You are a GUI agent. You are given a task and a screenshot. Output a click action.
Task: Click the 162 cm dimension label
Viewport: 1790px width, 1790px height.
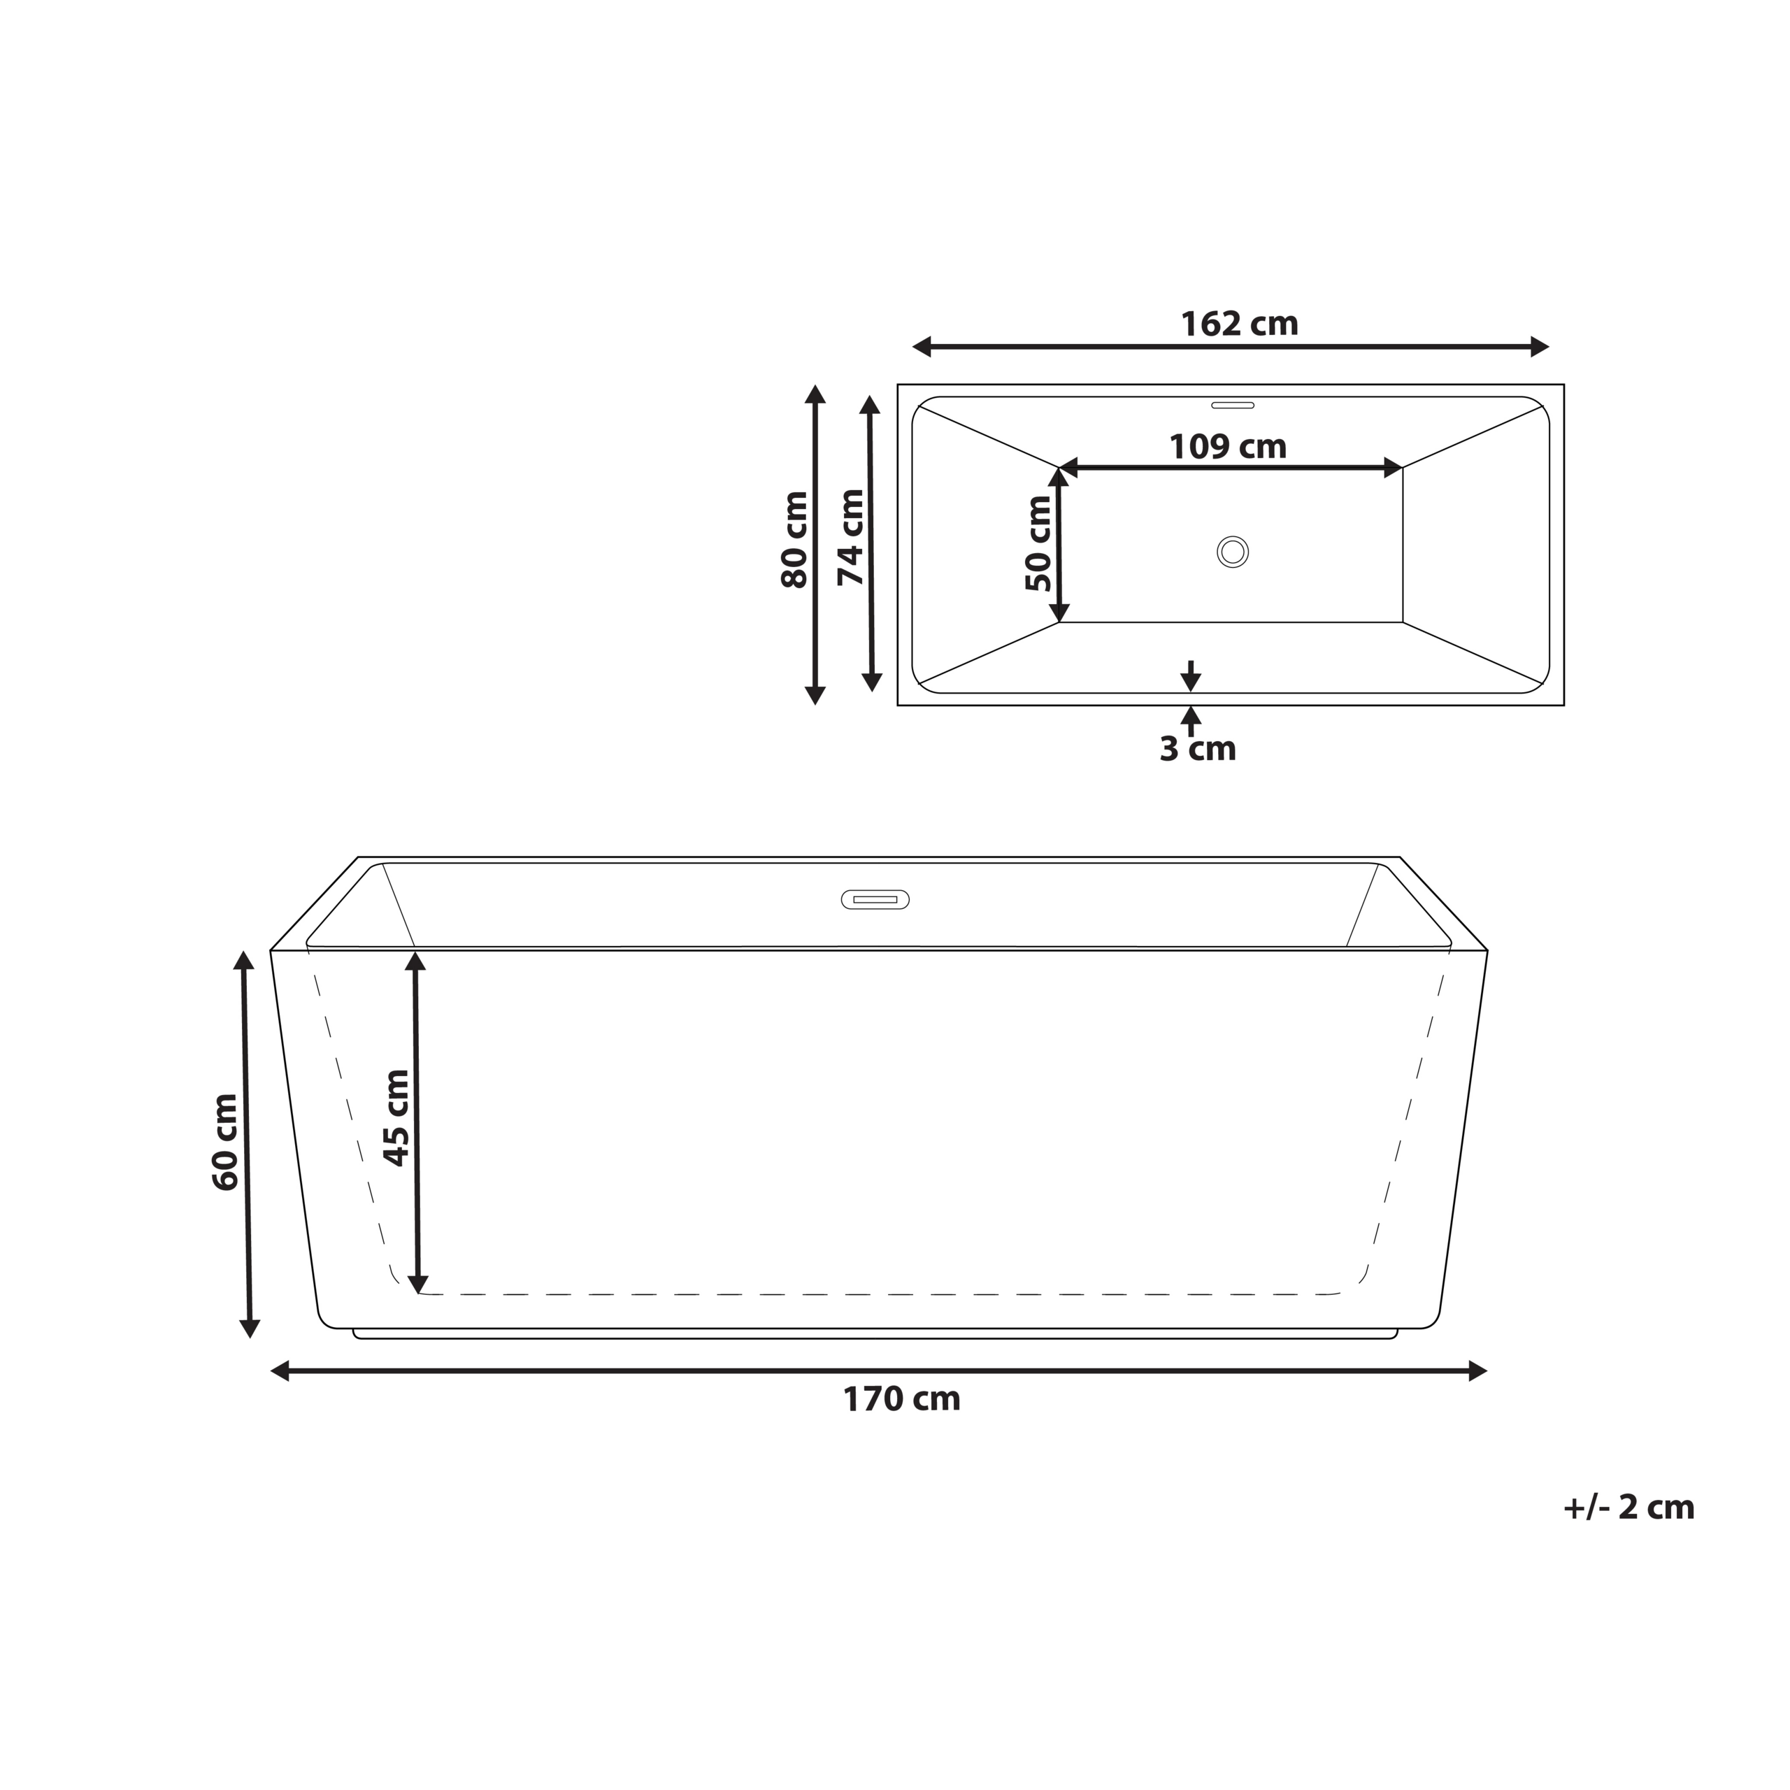coord(1239,324)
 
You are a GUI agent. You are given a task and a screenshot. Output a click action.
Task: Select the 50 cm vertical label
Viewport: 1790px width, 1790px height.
coord(1038,544)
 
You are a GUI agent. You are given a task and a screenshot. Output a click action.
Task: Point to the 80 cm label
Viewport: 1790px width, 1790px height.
coord(795,540)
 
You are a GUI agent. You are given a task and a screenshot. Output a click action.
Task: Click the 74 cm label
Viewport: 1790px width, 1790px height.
coord(850,538)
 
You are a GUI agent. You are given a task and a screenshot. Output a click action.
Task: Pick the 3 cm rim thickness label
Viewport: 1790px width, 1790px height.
coord(1197,749)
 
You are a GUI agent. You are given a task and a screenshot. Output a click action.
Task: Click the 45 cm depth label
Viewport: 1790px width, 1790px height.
coord(396,1117)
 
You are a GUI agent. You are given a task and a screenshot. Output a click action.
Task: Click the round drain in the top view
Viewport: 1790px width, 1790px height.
coord(1232,552)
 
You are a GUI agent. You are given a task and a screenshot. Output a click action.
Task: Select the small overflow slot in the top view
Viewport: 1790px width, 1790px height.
coord(1232,405)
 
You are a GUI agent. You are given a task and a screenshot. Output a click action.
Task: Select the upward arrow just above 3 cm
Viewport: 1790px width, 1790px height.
coord(1191,716)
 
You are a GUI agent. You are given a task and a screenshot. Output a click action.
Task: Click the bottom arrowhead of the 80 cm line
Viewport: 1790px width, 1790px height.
coord(815,695)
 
